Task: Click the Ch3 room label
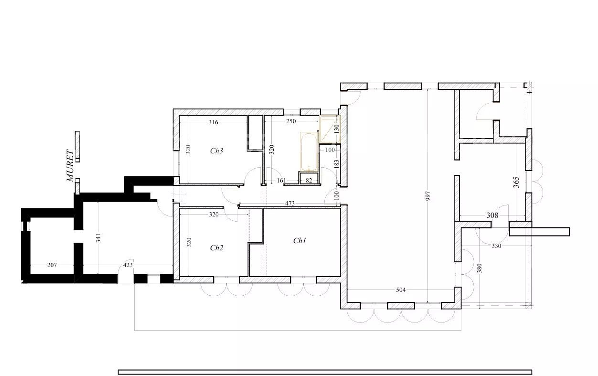pos(216,151)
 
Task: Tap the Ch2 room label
pos(216,248)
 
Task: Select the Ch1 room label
pos(299,241)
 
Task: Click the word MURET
pos(70,166)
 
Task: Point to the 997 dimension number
pos(427,196)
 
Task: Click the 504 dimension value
pos(401,290)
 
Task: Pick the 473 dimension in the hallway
pos(289,204)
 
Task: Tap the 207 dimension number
pos(52,265)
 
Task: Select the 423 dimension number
pos(128,265)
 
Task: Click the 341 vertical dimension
pos(98,238)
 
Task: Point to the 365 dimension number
pos(516,182)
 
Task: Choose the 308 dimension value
pos(492,215)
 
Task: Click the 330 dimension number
pos(496,246)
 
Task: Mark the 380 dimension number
pos(480,268)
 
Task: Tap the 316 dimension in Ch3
pos(214,122)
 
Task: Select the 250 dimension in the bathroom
pos(291,121)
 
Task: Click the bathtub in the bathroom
pos(309,152)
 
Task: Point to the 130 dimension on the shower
pos(336,129)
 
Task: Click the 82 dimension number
pos(309,181)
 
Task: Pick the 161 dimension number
pos(281,181)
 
